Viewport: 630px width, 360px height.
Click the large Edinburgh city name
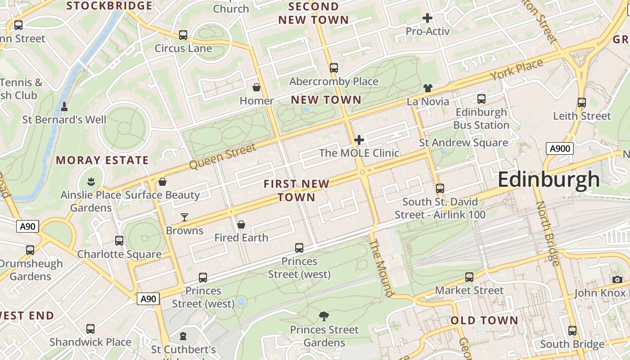[x=549, y=180]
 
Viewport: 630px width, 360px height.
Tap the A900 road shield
[x=559, y=148]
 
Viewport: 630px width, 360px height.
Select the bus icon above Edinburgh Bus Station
[x=481, y=99]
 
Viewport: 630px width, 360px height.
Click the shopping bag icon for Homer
[x=256, y=87]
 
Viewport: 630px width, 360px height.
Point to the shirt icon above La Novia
[x=427, y=88]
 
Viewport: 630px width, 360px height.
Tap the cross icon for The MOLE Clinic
[x=359, y=140]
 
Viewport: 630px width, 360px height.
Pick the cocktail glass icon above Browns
[x=184, y=217]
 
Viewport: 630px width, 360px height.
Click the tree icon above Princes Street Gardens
[x=324, y=316]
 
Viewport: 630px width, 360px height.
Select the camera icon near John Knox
[x=617, y=279]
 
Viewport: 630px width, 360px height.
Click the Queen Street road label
[x=222, y=156]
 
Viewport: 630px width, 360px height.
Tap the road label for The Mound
[x=381, y=268]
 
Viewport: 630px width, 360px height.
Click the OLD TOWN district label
[x=484, y=320]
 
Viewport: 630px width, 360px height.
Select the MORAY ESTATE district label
[x=102, y=160]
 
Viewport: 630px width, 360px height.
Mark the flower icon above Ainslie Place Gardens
[x=91, y=182]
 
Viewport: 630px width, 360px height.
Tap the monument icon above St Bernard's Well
[x=64, y=107]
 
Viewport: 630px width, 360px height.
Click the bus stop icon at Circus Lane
[x=183, y=35]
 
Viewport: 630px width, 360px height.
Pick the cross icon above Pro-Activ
[x=427, y=18]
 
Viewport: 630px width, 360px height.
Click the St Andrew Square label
[x=463, y=143]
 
